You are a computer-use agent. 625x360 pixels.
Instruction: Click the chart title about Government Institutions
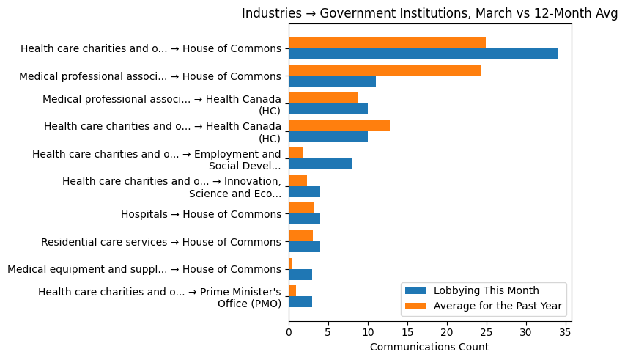(x=429, y=13)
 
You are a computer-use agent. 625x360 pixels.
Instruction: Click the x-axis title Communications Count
(x=429, y=347)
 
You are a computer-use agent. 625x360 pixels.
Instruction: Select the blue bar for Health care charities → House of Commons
(x=423, y=54)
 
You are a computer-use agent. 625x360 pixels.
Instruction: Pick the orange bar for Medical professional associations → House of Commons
(x=385, y=70)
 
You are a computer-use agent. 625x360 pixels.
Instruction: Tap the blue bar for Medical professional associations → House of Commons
(x=332, y=81)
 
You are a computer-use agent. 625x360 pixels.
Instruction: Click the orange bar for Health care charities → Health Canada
(x=339, y=125)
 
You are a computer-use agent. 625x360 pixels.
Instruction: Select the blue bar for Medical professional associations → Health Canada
(x=328, y=109)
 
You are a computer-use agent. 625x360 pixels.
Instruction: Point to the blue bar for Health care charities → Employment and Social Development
(x=320, y=164)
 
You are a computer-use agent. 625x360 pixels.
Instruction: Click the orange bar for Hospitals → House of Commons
(x=301, y=208)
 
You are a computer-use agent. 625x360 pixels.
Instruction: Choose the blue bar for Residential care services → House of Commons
(x=304, y=246)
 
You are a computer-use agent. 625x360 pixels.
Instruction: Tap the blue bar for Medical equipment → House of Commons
(x=300, y=274)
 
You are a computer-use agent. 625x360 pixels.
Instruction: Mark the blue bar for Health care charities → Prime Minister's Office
(x=300, y=301)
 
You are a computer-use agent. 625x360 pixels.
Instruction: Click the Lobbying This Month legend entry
(x=486, y=290)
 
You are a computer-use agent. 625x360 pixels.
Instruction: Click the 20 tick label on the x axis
(x=446, y=333)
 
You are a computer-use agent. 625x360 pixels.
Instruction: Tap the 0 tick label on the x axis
(x=289, y=333)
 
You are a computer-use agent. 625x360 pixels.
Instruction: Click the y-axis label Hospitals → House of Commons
(x=201, y=214)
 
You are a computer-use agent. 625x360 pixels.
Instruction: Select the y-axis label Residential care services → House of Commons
(x=161, y=242)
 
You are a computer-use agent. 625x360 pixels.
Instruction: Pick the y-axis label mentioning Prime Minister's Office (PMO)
(x=160, y=297)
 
